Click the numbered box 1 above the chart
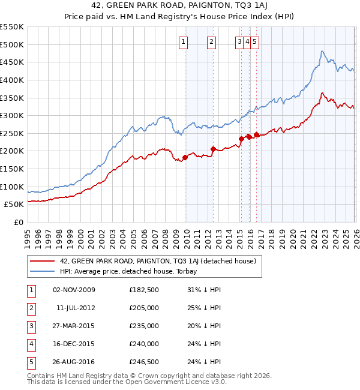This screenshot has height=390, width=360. click(x=182, y=42)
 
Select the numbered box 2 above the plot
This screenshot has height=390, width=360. click(x=212, y=42)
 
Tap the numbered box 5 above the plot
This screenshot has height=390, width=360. click(x=255, y=42)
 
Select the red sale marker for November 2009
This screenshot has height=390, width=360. click(x=185, y=157)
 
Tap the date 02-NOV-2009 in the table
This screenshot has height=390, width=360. click(x=74, y=290)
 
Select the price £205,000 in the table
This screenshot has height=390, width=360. click(x=144, y=308)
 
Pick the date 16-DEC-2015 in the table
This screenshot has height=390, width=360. click(x=74, y=344)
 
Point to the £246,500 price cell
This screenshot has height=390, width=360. click(x=144, y=362)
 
